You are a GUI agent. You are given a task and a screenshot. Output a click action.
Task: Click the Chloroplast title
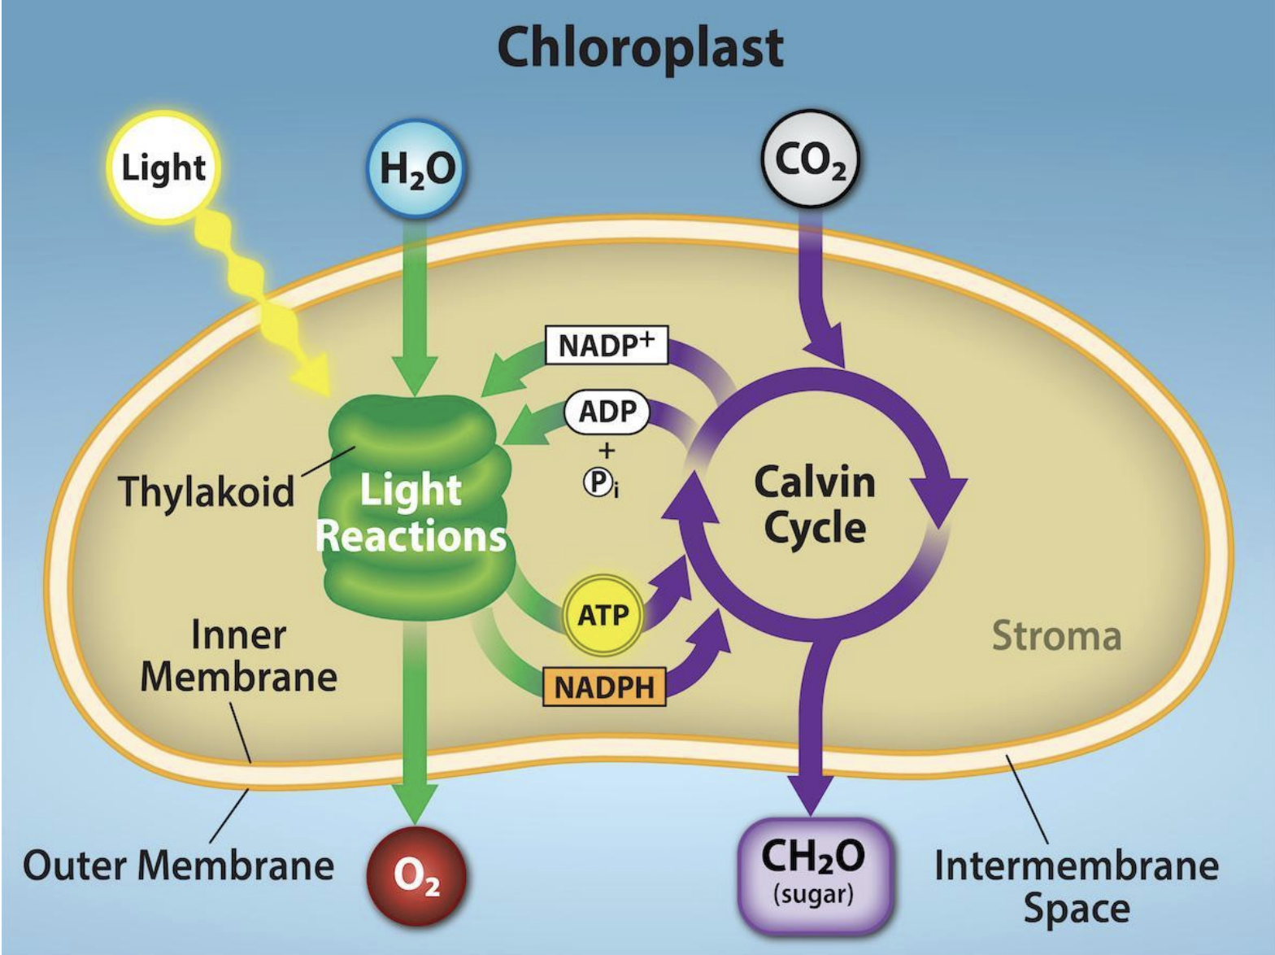[x=640, y=47]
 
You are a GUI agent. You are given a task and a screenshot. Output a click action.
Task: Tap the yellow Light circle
[x=163, y=168]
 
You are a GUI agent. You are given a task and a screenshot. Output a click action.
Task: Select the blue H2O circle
[x=418, y=169]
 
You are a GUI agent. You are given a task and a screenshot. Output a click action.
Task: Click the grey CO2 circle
[x=810, y=160]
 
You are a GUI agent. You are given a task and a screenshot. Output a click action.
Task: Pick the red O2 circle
[x=417, y=876]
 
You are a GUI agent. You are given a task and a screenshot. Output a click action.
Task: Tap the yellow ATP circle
[x=603, y=616]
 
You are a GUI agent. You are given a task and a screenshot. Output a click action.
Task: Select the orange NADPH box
[x=603, y=687]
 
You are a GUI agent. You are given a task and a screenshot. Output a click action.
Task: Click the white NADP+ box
[x=606, y=345]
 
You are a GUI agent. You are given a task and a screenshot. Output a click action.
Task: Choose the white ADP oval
[x=607, y=412]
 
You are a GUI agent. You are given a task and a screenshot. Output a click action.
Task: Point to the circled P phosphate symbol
[x=598, y=483]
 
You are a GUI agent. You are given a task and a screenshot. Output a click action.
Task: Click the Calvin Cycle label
[x=814, y=504]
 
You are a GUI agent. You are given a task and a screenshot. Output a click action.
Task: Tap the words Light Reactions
[x=411, y=513]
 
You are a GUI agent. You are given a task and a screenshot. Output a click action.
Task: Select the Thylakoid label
[x=207, y=491]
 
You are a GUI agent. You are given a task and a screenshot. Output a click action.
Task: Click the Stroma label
[x=1056, y=635]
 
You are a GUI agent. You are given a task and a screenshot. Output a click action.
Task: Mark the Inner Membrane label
[x=238, y=656]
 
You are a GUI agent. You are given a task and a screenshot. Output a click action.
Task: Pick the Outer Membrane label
[x=178, y=865]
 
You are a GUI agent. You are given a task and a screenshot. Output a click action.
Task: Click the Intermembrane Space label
[x=1076, y=886]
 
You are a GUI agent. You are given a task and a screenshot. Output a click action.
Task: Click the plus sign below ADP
[x=607, y=450]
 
